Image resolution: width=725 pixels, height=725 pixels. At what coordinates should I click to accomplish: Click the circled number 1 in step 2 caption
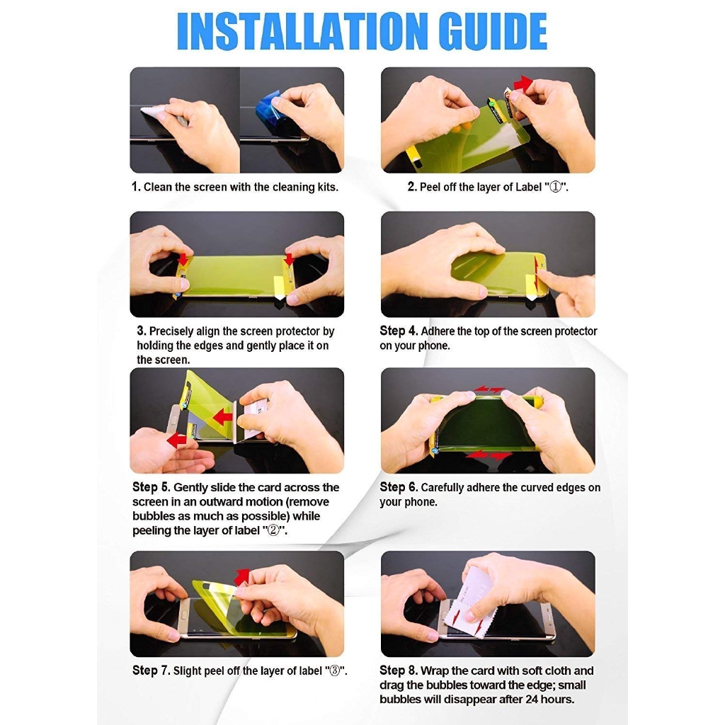tap(555, 187)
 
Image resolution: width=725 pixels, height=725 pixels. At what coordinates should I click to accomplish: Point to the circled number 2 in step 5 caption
tap(274, 530)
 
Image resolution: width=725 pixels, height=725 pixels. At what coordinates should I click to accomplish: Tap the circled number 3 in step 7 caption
tap(334, 670)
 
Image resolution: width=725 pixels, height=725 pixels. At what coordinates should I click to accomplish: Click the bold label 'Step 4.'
tap(399, 331)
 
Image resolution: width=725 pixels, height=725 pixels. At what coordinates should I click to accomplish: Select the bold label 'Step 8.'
tap(399, 670)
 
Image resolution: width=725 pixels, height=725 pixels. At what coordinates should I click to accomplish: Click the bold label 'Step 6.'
tap(399, 487)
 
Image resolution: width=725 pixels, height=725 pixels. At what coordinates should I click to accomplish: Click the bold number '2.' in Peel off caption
tap(412, 187)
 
